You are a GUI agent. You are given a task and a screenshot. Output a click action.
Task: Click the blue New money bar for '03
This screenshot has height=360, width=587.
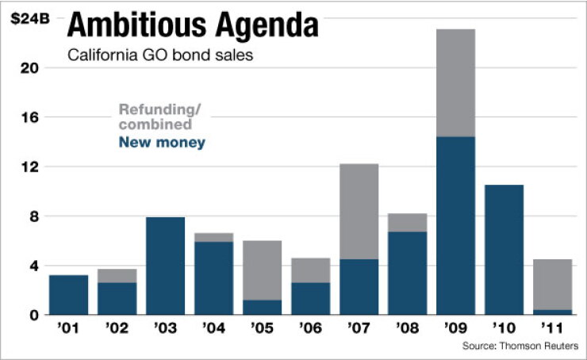[165, 266]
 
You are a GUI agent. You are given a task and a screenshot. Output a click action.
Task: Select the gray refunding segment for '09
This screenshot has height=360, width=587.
[455, 82]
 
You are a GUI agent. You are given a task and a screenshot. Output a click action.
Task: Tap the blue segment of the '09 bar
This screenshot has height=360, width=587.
[455, 226]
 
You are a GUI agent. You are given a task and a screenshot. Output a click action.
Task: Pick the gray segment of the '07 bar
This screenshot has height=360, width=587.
[359, 212]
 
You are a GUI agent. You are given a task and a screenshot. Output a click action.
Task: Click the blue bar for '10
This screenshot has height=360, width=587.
[504, 250]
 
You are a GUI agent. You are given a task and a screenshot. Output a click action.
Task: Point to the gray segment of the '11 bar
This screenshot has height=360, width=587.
[553, 285]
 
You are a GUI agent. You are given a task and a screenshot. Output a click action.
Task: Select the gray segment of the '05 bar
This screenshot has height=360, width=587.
[262, 270]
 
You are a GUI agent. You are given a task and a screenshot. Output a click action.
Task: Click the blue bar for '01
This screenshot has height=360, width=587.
[68, 295]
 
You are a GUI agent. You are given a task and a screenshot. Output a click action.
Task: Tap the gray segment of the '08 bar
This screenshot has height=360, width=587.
[407, 223]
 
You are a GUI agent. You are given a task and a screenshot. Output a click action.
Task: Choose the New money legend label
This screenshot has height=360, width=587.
[162, 142]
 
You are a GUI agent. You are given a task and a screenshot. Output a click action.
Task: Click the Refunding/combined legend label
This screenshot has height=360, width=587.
[160, 117]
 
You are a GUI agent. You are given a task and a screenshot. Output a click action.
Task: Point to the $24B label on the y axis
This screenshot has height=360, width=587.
[30, 19]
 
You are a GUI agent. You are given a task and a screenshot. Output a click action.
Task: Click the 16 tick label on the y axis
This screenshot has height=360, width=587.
[29, 117]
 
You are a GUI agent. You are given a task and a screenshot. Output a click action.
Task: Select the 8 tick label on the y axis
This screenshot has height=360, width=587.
[34, 216]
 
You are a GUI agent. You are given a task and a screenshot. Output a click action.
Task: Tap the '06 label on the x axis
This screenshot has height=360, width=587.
[311, 328]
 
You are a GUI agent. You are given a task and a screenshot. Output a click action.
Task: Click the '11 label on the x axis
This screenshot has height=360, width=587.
[552, 328]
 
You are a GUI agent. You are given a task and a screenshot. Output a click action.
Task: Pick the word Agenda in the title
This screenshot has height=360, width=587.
[267, 25]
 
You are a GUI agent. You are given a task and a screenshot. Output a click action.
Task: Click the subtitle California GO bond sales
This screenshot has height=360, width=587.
[160, 56]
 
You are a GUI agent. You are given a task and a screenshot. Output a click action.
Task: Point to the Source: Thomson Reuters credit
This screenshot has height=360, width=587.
[520, 346]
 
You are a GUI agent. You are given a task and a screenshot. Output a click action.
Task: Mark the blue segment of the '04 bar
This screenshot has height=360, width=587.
[213, 278]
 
